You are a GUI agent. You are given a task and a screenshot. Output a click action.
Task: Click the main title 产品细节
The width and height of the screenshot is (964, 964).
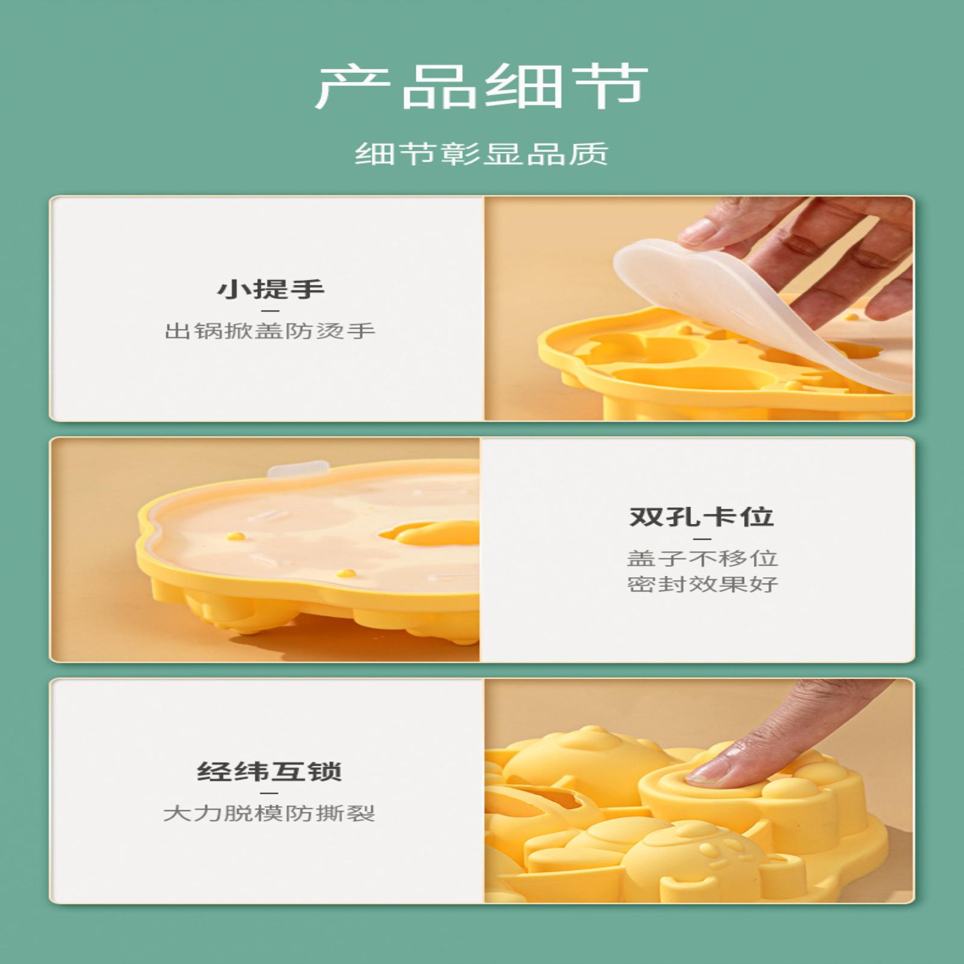[481, 87]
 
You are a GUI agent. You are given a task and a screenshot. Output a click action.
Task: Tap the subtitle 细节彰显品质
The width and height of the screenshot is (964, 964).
[481, 154]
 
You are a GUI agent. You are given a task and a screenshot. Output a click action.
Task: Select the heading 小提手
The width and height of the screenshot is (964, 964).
[271, 289]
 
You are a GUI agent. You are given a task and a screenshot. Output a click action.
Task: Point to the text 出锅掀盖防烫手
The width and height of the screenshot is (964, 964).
[270, 331]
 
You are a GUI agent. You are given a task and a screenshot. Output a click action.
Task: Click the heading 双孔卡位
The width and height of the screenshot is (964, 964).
[702, 517]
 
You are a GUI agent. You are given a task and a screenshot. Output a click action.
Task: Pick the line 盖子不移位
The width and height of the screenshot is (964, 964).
[703, 558]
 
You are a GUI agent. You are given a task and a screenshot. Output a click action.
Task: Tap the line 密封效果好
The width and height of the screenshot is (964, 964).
[703, 584]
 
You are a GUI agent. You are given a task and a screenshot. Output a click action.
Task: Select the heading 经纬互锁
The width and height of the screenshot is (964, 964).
[269, 772]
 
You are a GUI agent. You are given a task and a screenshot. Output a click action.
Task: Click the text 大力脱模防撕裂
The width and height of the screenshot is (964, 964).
[269, 813]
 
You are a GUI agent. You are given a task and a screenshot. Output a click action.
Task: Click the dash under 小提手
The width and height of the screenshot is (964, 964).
[271, 311]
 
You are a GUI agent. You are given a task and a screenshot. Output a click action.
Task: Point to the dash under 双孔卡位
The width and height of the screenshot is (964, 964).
[703, 539]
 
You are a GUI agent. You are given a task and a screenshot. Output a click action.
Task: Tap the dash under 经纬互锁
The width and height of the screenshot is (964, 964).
[269, 793]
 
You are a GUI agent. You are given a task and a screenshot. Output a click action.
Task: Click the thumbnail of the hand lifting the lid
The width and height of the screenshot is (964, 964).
[700, 308]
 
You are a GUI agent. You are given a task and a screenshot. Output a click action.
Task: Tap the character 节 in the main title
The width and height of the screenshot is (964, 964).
[609, 87]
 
